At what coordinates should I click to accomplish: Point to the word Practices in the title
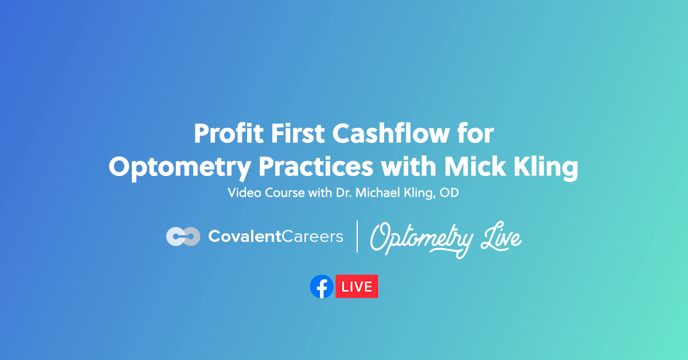point(314,166)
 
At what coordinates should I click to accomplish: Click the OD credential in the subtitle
point(451,193)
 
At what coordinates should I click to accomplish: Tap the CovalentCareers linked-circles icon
point(183,236)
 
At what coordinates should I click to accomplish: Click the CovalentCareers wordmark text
point(276,236)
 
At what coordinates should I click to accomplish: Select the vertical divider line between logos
point(357,236)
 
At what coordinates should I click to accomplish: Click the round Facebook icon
point(322,287)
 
